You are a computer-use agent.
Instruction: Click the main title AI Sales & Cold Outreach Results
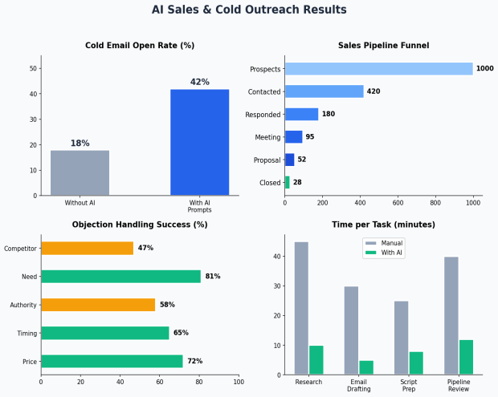tap(249, 10)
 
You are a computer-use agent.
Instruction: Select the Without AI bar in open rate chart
tap(80, 172)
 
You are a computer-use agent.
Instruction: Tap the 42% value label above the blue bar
tap(199, 82)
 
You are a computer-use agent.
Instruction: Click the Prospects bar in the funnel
tap(378, 69)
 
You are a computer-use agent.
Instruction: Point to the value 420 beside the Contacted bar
tap(373, 91)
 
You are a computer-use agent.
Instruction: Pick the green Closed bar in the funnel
tap(288, 182)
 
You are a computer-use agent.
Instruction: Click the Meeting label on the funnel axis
tap(267, 137)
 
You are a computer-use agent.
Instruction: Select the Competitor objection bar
tap(87, 249)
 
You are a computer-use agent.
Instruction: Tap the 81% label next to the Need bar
tap(213, 277)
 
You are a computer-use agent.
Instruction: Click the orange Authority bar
tap(98, 305)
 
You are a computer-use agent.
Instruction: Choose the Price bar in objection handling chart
tap(112, 361)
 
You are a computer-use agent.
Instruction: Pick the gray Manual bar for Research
tap(301, 308)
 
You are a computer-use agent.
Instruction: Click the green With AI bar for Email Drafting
tap(366, 367)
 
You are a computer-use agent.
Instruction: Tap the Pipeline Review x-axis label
tap(459, 386)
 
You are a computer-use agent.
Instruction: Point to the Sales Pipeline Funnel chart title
tap(383, 46)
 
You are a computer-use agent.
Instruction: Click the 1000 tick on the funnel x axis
tap(473, 204)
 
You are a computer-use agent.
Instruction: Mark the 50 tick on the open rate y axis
tap(32, 68)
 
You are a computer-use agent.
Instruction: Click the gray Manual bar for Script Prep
tap(402, 338)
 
